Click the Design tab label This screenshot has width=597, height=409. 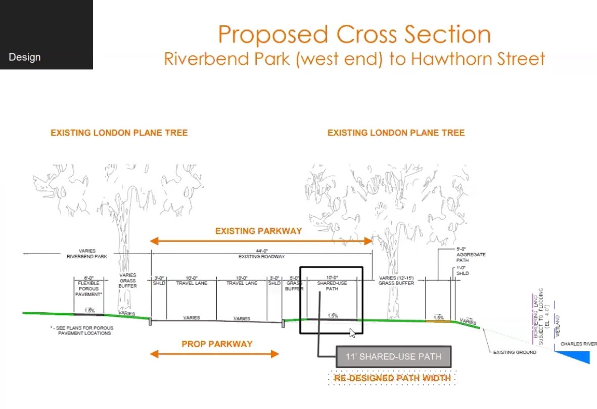click(x=24, y=57)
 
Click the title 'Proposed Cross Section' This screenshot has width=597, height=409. click(x=354, y=34)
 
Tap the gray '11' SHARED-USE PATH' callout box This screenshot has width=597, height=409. click(x=393, y=356)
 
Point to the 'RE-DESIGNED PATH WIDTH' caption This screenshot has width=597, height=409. click(x=392, y=378)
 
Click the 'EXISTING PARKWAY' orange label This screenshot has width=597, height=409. click(x=258, y=231)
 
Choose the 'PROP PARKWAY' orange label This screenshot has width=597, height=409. click(x=217, y=344)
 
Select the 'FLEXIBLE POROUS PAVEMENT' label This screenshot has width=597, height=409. click(x=89, y=286)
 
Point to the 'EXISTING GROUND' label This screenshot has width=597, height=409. click(x=515, y=352)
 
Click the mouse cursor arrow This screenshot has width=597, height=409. click(x=352, y=333)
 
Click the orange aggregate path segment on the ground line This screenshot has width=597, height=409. click(x=438, y=320)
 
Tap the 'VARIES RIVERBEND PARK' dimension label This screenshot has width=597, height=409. click(x=87, y=254)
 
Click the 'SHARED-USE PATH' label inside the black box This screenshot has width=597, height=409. click(x=331, y=286)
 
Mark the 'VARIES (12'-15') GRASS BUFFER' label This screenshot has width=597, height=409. click(x=396, y=280)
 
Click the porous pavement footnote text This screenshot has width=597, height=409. click(x=83, y=330)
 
